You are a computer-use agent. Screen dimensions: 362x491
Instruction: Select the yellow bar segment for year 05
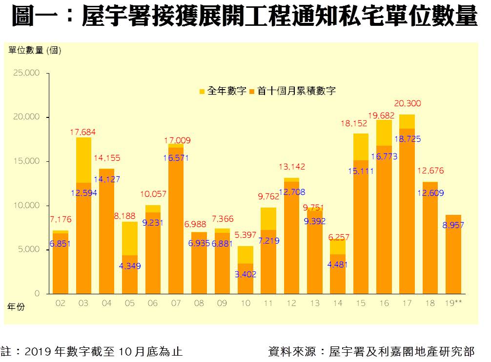130,238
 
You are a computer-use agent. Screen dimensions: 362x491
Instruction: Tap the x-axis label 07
176,303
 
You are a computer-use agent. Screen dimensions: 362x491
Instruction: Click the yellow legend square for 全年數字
202,91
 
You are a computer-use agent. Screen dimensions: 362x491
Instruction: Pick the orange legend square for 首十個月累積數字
252,91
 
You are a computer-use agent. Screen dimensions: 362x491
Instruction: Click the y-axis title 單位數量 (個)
35,50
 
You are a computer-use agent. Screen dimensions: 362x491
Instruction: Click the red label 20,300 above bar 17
407,104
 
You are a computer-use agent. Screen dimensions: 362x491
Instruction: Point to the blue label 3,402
245,275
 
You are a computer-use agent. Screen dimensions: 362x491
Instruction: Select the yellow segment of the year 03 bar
83,160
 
